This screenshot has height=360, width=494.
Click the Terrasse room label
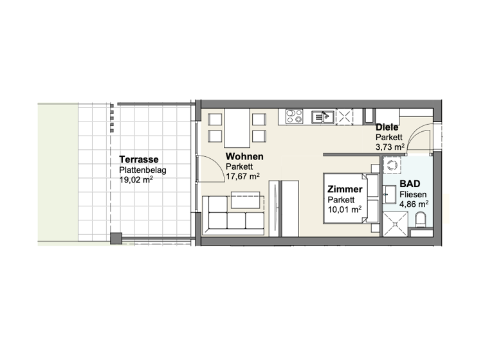point(139,159)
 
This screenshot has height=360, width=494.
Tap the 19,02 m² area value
point(136,180)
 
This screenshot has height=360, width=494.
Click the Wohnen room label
point(244,156)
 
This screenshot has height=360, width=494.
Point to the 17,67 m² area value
point(242,176)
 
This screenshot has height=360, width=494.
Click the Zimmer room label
point(345,190)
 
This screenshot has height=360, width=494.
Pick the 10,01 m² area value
point(344,208)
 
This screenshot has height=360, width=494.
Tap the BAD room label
point(410,184)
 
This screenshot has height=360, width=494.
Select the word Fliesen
point(412,194)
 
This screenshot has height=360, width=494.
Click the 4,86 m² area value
point(414,204)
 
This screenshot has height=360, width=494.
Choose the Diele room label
point(387,127)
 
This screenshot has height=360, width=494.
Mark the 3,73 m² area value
point(390,147)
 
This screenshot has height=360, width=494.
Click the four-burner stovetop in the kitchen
point(295,116)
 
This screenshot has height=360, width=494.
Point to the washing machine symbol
point(390,166)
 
